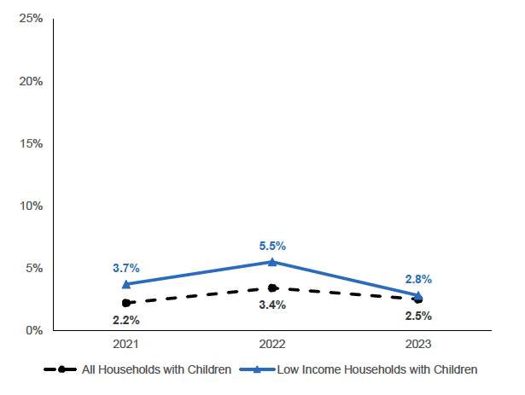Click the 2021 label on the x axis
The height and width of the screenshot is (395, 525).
point(126,344)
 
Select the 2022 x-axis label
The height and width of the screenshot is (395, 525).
point(272,344)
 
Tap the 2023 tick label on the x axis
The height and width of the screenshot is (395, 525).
point(418,344)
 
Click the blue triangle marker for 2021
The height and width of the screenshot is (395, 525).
point(126,283)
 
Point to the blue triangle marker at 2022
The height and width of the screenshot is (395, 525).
point(272,261)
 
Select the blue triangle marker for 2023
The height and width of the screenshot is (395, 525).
point(418,295)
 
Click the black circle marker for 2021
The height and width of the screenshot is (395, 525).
point(126,303)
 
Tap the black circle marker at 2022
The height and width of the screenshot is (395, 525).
point(272,288)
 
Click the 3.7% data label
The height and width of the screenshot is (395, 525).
point(126,268)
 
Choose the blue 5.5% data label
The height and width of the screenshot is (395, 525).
point(272,246)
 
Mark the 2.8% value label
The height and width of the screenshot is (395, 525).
point(418,279)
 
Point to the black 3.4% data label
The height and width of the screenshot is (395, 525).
point(272,305)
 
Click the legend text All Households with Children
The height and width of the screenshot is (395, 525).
point(156,370)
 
